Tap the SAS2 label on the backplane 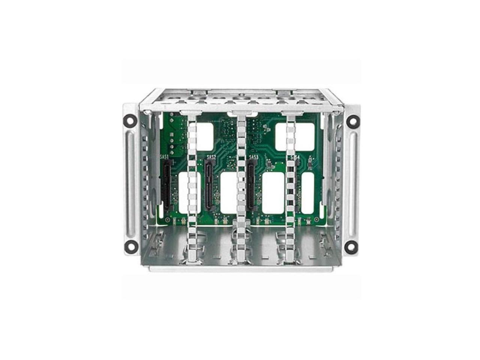click(211, 157)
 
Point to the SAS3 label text click(253, 157)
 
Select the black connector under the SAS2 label click(208, 184)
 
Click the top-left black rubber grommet click(129, 121)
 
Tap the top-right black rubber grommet click(352, 121)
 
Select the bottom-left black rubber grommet click(129, 247)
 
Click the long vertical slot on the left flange click(130, 184)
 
